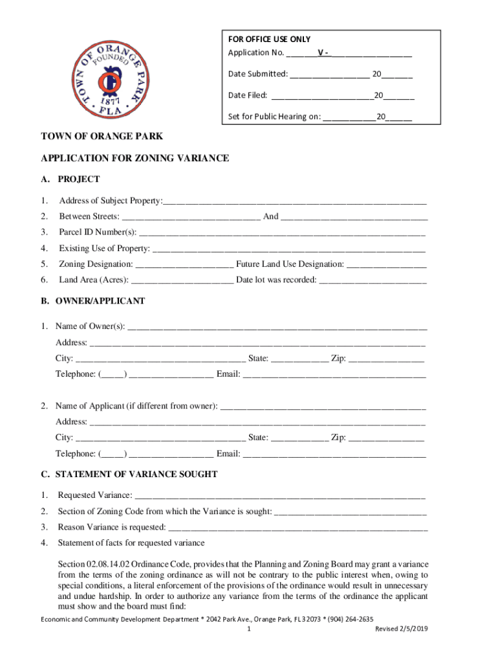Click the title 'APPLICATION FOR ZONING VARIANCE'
click(x=135, y=159)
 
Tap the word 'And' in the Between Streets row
click(x=271, y=217)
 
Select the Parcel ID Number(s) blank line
click(x=282, y=233)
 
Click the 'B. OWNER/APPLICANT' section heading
click(x=93, y=301)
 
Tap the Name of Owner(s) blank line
click(x=277, y=326)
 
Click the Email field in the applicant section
click(x=334, y=454)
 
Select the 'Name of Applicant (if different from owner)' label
click(x=136, y=407)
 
